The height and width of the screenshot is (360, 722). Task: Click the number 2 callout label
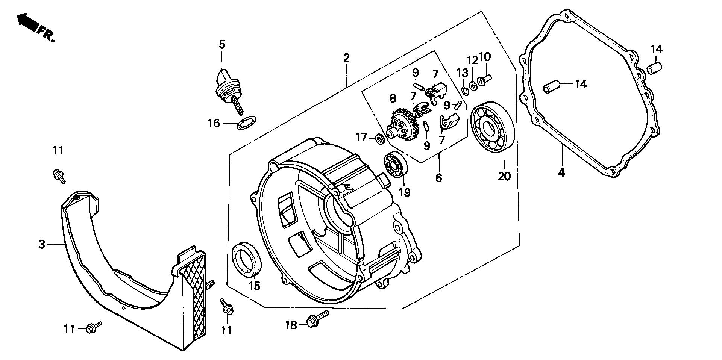click(x=346, y=58)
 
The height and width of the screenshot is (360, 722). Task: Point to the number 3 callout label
click(x=41, y=245)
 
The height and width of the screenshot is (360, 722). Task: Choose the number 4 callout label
click(x=561, y=173)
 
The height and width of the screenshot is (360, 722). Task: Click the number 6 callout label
click(x=438, y=177)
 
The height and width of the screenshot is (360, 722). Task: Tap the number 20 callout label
click(x=504, y=176)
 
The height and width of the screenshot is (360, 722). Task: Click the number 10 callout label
click(x=485, y=57)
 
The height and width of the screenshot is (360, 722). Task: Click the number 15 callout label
click(x=254, y=286)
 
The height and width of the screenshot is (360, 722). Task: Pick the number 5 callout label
click(x=222, y=45)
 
